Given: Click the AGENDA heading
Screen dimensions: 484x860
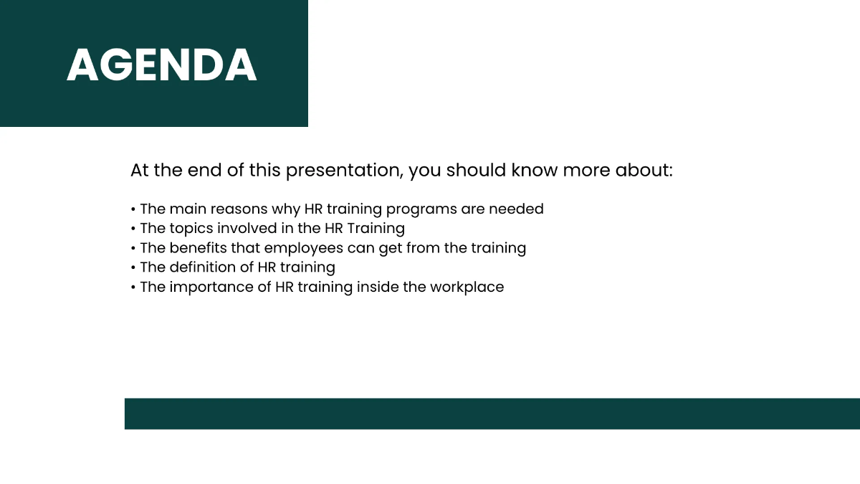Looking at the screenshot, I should [x=161, y=65].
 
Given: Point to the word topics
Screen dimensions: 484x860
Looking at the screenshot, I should [x=191, y=228].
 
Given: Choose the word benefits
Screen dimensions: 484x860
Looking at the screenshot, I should [x=199, y=247].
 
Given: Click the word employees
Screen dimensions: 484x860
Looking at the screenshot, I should [x=304, y=248].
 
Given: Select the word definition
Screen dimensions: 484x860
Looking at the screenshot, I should [x=204, y=267].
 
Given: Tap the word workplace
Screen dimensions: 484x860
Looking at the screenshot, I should [x=467, y=287].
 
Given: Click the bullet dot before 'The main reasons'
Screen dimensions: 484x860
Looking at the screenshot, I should [x=133, y=209].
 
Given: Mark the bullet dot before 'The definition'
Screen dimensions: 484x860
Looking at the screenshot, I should [x=133, y=267].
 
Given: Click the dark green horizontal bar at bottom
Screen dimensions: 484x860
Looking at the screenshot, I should [x=492, y=414].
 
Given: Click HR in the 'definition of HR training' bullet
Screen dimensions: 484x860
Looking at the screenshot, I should [x=267, y=267].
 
